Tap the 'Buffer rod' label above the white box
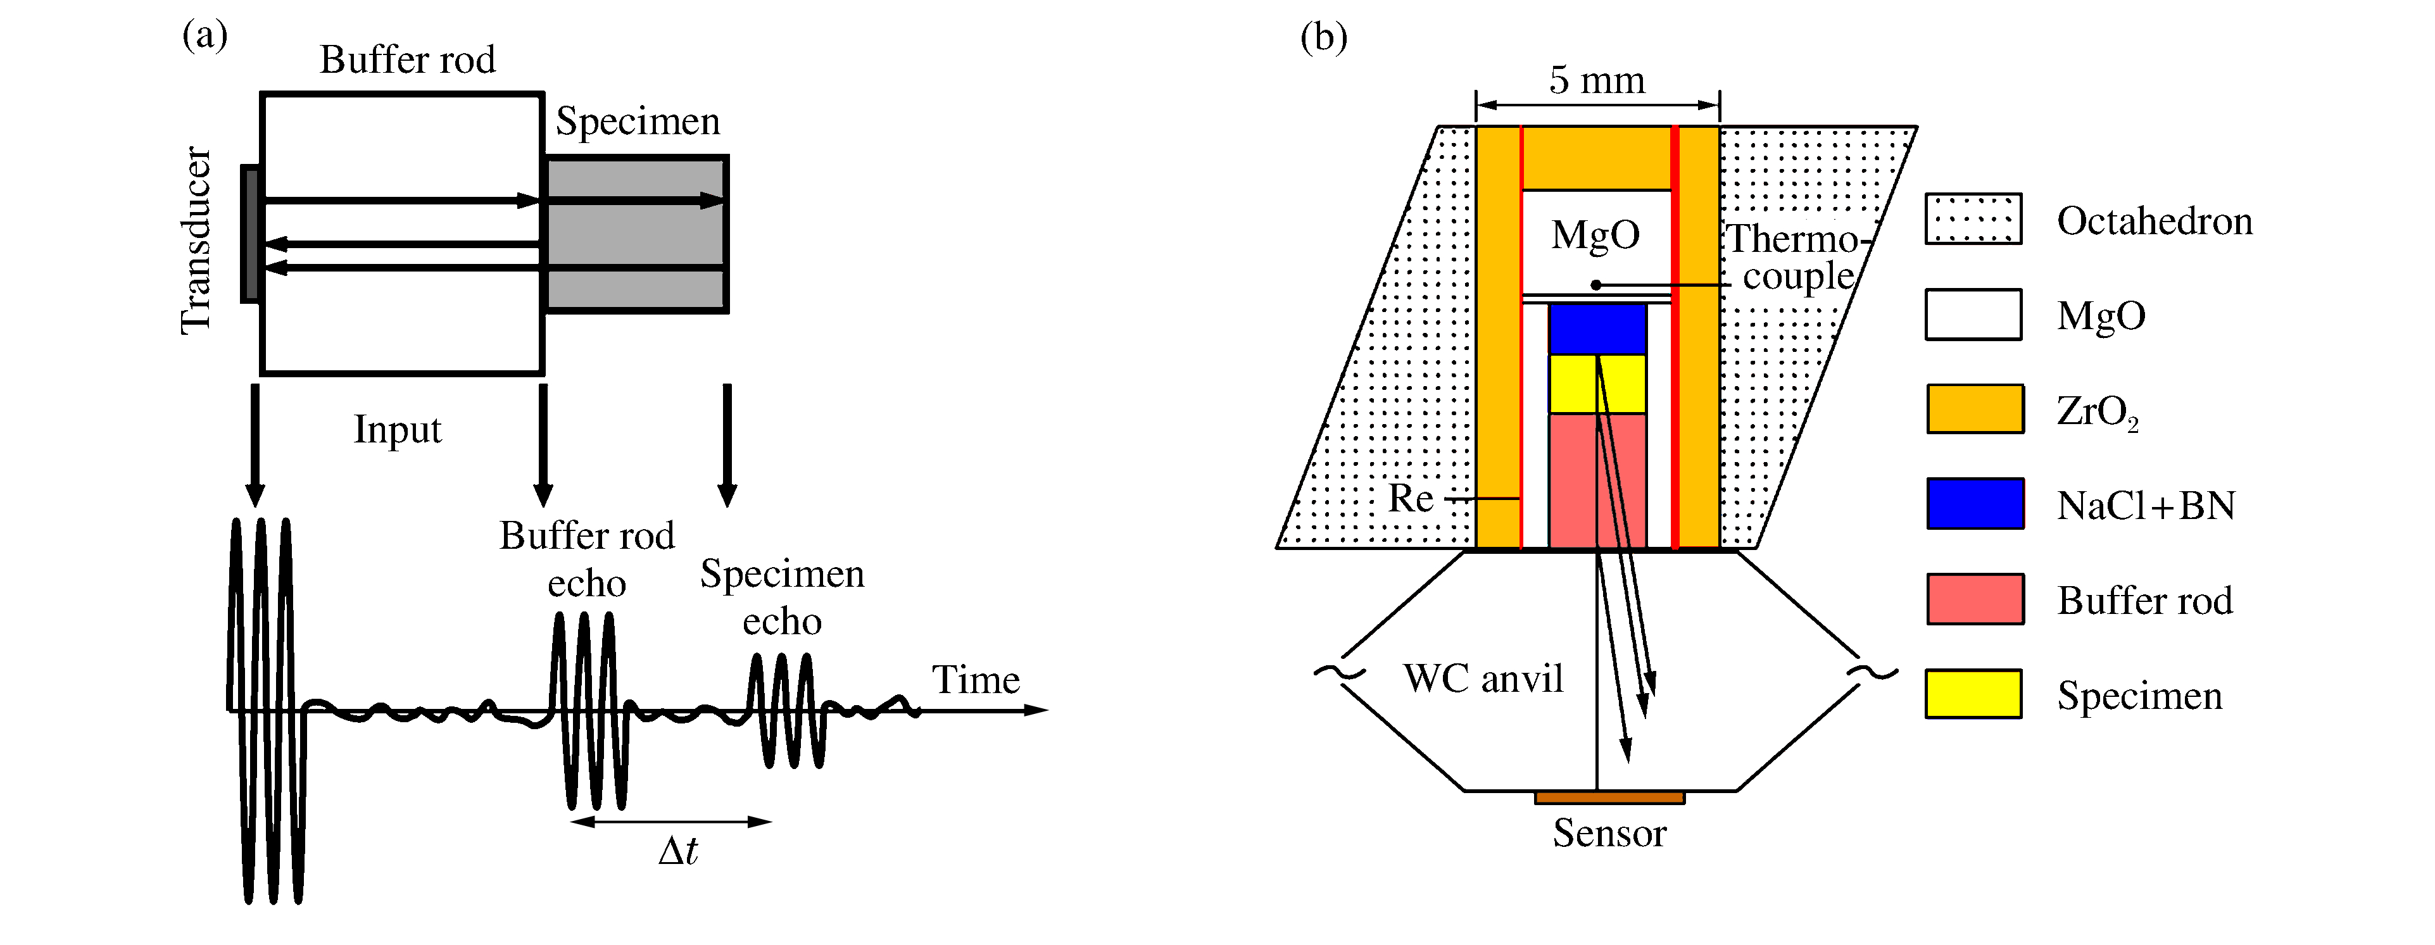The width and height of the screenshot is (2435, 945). [x=407, y=59]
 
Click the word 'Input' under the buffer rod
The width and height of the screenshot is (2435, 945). [x=397, y=429]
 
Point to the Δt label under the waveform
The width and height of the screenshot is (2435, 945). [x=677, y=851]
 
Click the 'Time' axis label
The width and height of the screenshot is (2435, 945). [x=976, y=679]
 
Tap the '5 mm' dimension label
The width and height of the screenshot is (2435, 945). [x=1597, y=80]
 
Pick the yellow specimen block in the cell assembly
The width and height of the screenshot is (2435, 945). [x=1597, y=384]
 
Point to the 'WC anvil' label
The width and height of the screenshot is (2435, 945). [x=1482, y=679]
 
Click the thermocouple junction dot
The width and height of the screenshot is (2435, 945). [x=1595, y=284]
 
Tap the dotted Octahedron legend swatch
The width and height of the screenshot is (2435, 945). [x=1973, y=219]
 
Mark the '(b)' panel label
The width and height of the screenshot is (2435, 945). [x=1323, y=38]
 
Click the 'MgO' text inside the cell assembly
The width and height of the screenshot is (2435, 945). [x=1595, y=234]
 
